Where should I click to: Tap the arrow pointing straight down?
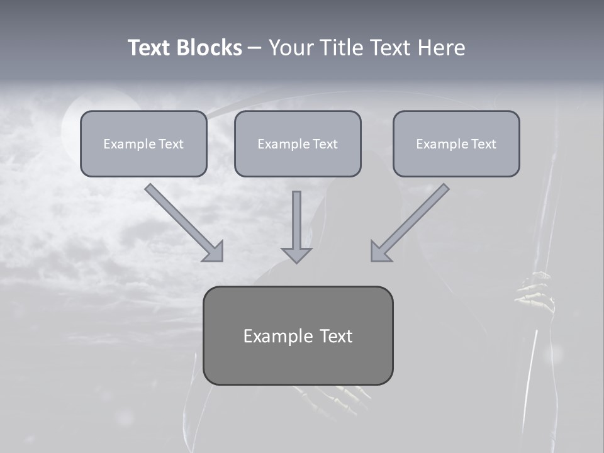coord(296,226)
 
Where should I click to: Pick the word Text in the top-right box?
coord(483,143)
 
